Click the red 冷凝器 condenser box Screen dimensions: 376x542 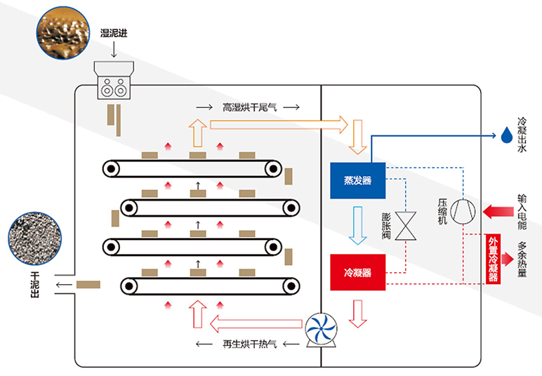click(357, 271)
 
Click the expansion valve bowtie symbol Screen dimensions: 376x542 click(405, 227)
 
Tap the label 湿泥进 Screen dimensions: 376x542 click(114, 32)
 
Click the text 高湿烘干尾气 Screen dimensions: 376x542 click(250, 107)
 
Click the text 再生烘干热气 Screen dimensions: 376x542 click(250, 344)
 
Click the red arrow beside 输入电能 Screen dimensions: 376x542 click(496, 210)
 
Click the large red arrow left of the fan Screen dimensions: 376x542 click(259, 324)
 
